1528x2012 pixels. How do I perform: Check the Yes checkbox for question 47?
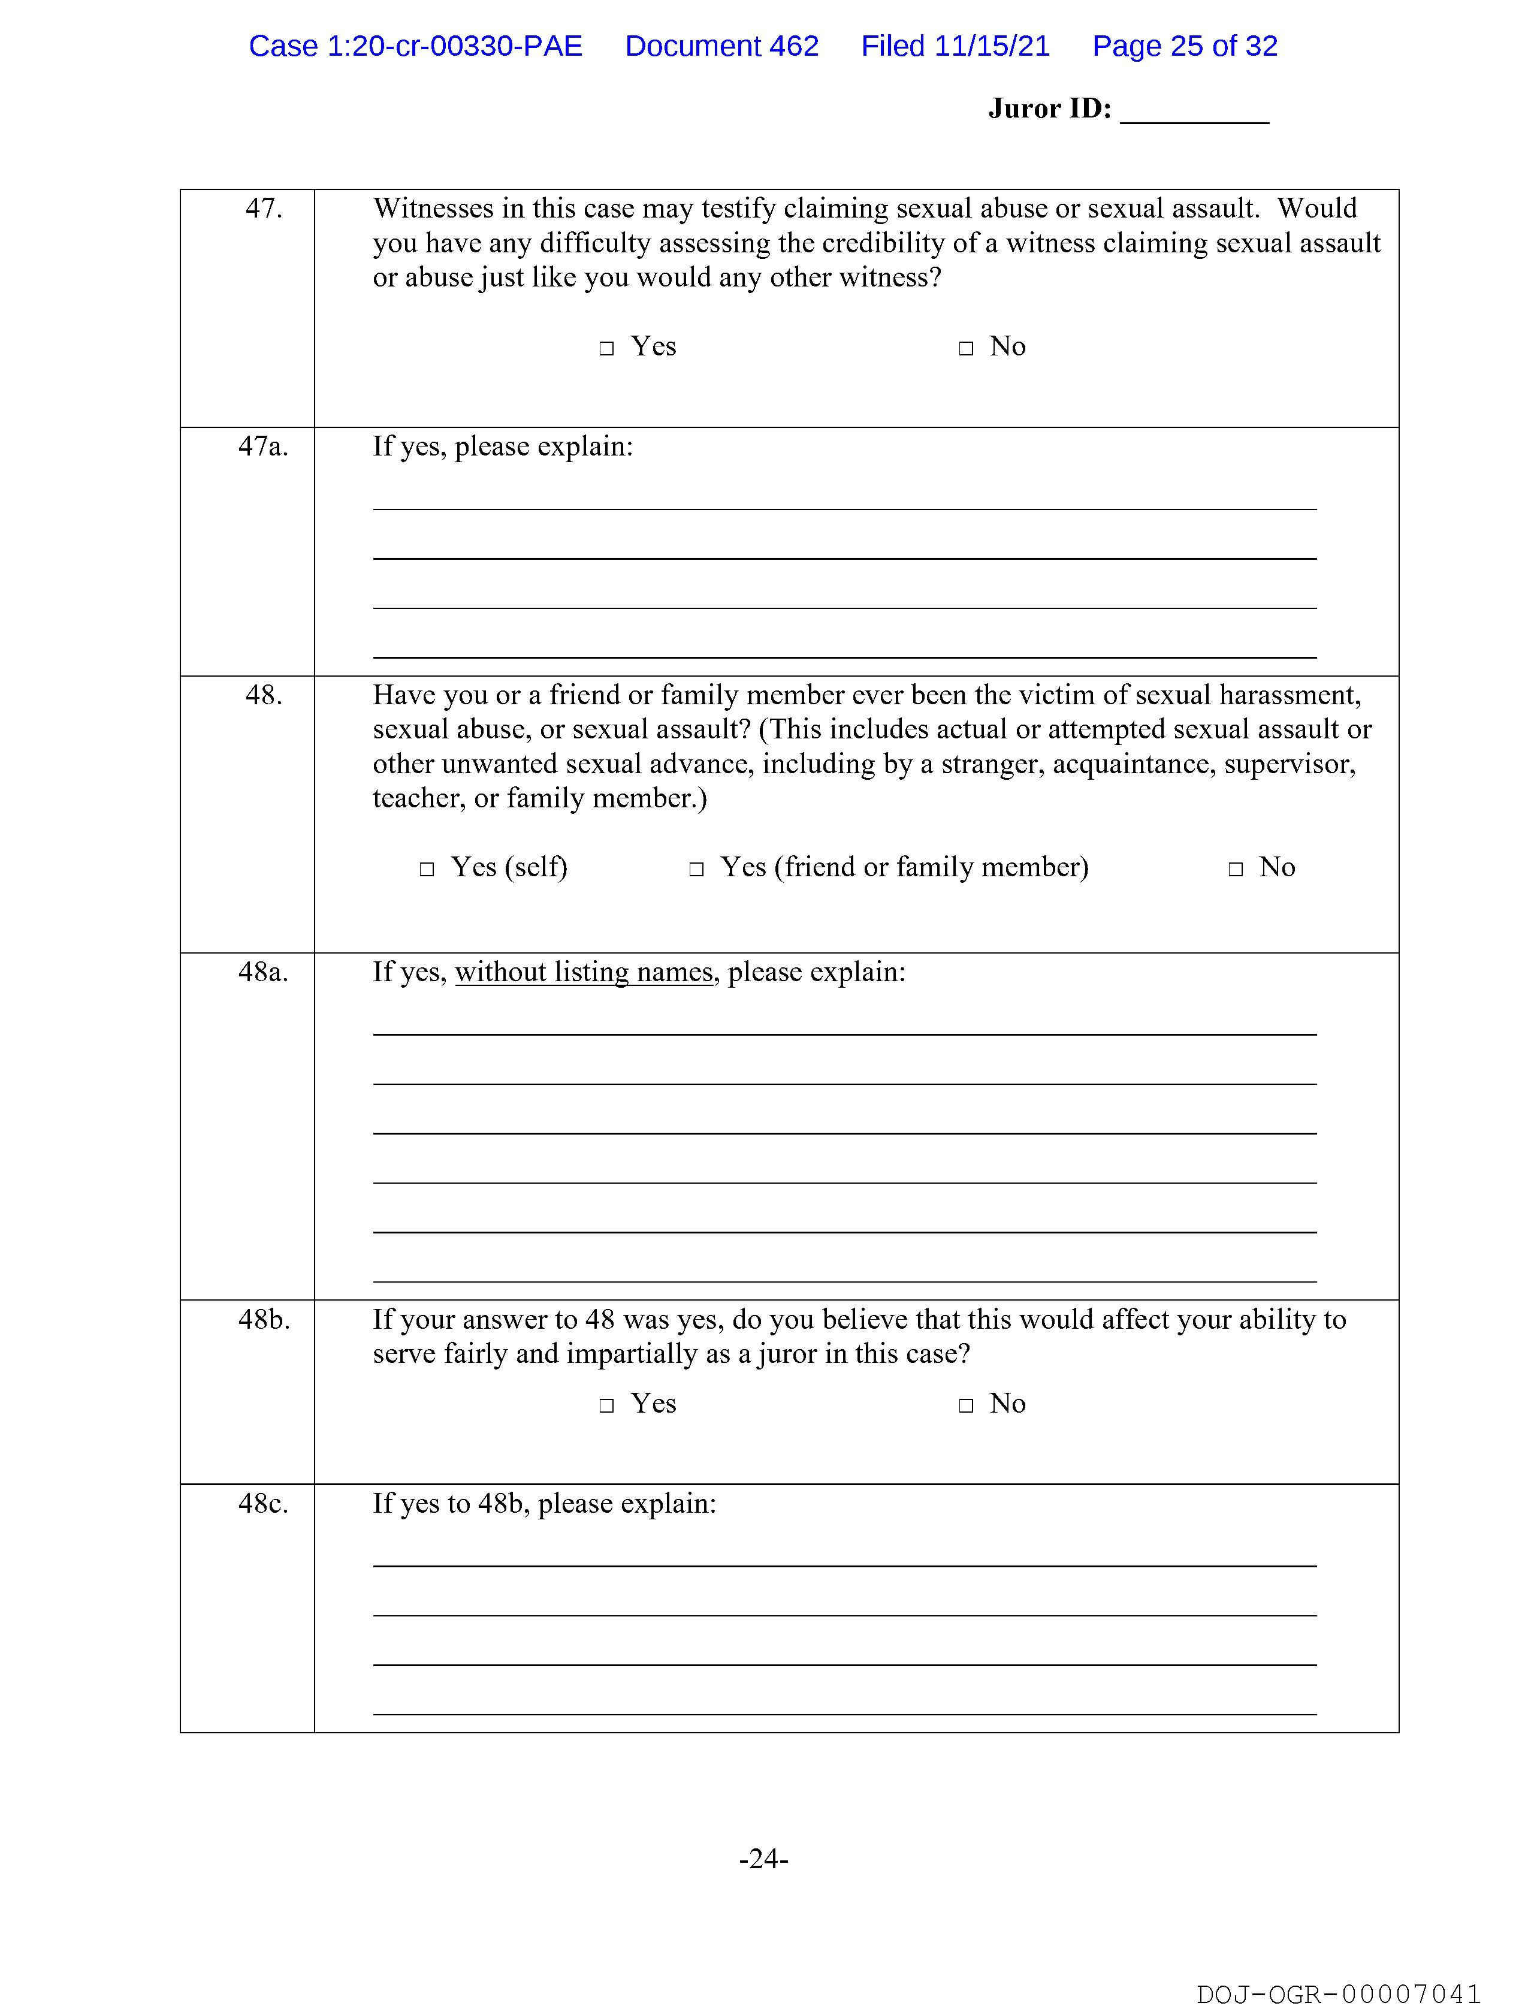[606, 348]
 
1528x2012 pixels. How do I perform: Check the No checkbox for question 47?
[966, 348]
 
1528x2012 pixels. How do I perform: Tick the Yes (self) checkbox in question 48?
[427, 870]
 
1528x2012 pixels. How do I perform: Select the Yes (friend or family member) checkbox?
[697, 870]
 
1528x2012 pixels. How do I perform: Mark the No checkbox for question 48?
[1235, 870]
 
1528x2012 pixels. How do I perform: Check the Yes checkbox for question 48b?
[606, 1405]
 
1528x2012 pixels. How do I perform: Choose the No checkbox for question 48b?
[966, 1405]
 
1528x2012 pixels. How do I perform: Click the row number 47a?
[263, 447]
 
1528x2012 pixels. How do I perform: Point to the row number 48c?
[263, 1504]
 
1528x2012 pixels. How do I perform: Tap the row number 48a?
[263, 972]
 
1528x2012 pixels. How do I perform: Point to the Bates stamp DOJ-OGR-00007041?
[1339, 1994]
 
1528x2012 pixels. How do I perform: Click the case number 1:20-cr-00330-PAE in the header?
[454, 46]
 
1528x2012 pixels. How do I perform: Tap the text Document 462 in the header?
[721, 46]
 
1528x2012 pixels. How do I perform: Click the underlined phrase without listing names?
[584, 972]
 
